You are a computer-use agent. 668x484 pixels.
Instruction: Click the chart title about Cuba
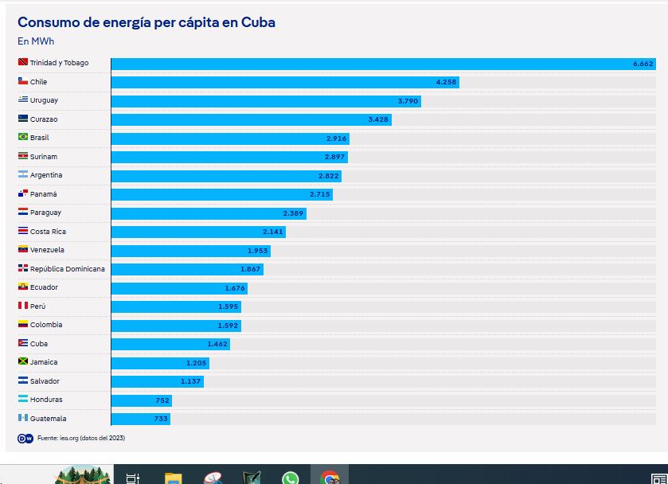pyautogui.click(x=146, y=22)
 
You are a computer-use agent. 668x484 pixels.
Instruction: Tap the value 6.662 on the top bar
pyautogui.click(x=643, y=63)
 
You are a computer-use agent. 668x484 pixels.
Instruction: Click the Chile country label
pyautogui.click(x=38, y=82)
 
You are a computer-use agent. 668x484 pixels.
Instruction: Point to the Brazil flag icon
pyautogui.click(x=23, y=138)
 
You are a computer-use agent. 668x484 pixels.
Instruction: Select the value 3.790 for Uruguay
pyautogui.click(x=408, y=101)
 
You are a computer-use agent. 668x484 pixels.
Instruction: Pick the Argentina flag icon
pyautogui.click(x=23, y=175)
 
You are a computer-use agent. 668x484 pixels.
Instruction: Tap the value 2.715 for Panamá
pyautogui.click(x=319, y=194)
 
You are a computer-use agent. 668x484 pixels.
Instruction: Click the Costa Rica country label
pyautogui.click(x=48, y=232)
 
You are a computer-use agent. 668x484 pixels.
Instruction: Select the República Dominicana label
pyautogui.click(x=67, y=269)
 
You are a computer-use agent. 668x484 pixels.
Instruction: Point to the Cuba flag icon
pyautogui.click(x=23, y=343)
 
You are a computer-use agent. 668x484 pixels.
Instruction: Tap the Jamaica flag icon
pyautogui.click(x=23, y=362)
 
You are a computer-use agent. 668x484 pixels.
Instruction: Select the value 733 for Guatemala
pyautogui.click(x=161, y=419)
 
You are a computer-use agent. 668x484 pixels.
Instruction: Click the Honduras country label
pyautogui.click(x=46, y=400)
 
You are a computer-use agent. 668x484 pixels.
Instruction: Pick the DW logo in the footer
pyautogui.click(x=25, y=438)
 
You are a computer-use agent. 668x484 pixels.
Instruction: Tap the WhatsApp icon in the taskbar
pyautogui.click(x=290, y=478)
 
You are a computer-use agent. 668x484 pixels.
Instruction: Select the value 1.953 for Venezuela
pyautogui.click(x=257, y=251)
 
